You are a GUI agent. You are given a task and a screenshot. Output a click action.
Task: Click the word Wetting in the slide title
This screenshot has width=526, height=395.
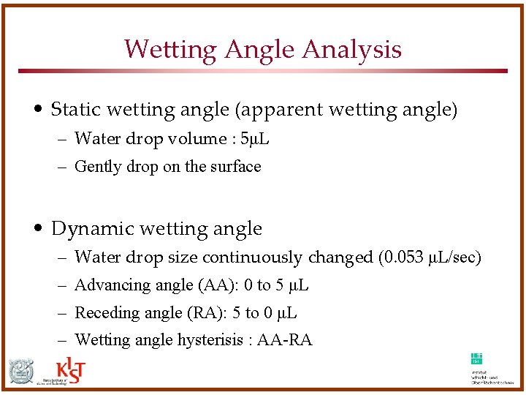[172, 49]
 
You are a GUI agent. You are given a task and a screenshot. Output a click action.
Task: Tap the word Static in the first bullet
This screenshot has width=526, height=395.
[75, 110]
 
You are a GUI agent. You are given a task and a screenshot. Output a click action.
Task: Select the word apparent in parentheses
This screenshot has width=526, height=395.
[283, 110]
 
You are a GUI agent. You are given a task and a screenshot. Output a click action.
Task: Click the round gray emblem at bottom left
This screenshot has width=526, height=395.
[21, 372]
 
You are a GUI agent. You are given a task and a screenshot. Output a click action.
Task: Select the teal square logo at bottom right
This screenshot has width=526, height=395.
[476, 358]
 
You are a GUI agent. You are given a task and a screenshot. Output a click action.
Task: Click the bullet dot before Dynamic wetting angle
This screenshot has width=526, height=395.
[41, 229]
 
